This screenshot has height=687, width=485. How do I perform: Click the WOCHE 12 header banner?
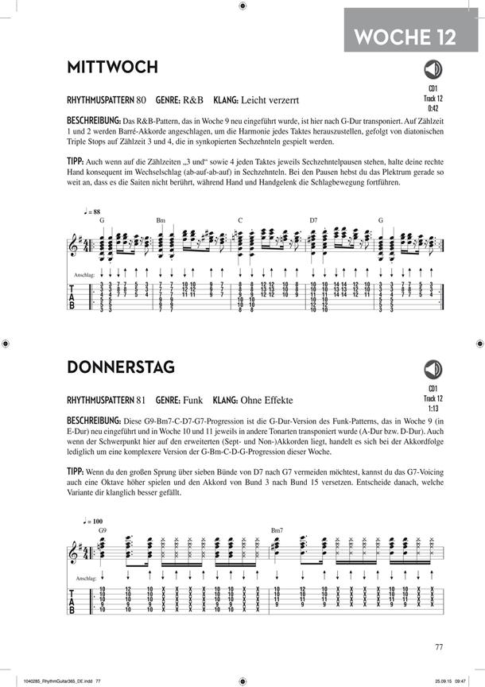[405, 35]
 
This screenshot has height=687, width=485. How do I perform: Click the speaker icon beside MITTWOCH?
[434, 68]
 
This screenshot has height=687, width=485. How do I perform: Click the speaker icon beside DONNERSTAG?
[434, 368]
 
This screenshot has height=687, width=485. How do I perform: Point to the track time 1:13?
[435, 409]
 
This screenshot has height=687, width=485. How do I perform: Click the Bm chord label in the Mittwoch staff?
[160, 219]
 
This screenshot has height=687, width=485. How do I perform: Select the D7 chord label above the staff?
[313, 219]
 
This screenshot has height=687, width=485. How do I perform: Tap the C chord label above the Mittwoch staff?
[239, 219]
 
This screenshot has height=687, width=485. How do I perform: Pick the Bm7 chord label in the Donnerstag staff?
[277, 530]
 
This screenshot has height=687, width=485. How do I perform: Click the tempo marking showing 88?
[93, 212]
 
